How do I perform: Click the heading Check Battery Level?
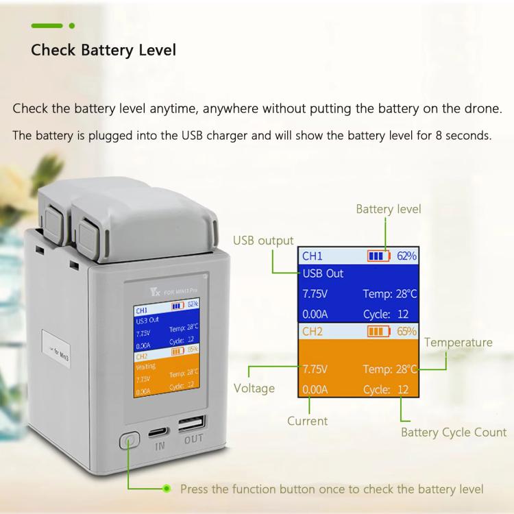coord(103,50)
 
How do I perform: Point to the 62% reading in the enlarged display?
coord(406,256)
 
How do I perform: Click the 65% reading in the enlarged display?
coord(406,331)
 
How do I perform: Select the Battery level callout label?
coord(389,209)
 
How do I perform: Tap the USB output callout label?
coord(263,241)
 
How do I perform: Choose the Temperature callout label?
coord(458,342)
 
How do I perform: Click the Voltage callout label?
coord(254,389)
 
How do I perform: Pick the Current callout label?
coord(308,421)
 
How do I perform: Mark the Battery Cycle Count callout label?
coord(454,432)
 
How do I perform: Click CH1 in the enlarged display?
coord(312,256)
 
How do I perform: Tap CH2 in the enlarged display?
coord(312,332)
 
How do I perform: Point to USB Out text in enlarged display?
coord(323,273)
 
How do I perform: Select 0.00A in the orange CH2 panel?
coord(315,389)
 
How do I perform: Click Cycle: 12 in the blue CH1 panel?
coord(386,315)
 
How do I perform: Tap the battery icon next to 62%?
coord(378,256)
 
